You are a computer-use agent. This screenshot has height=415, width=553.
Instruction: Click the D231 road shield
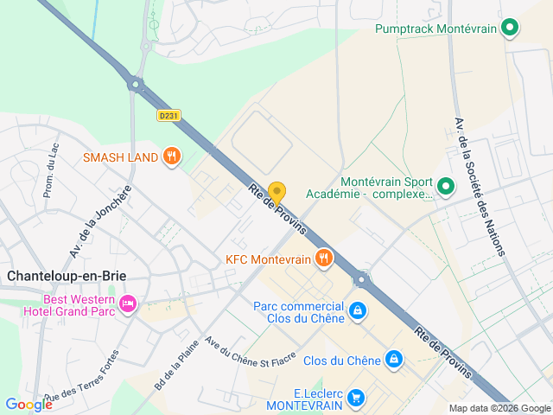tap(168, 115)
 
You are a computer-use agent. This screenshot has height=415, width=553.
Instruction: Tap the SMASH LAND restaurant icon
tap(172, 156)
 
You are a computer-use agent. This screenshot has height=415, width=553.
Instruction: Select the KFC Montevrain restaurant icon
tap(324, 258)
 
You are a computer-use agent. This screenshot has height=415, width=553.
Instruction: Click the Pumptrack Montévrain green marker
tap(510, 29)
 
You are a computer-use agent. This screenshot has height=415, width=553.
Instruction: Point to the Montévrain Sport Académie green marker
tap(446, 186)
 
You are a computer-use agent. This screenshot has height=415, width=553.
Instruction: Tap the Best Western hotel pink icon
tap(128, 303)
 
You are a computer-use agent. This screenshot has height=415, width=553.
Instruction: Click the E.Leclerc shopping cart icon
tap(355, 397)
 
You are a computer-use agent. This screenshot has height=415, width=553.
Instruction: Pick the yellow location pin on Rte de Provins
tap(276, 192)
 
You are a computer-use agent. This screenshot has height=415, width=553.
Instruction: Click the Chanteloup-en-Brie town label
tap(67, 276)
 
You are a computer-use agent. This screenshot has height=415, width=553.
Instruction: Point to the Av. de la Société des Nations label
tap(482, 185)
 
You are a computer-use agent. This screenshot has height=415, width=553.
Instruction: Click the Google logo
tap(29, 404)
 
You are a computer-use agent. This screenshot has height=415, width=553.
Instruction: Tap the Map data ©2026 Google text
tap(499, 408)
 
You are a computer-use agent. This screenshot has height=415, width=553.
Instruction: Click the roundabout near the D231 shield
tap(135, 84)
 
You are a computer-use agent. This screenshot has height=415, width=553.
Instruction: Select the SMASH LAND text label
tap(120, 157)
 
